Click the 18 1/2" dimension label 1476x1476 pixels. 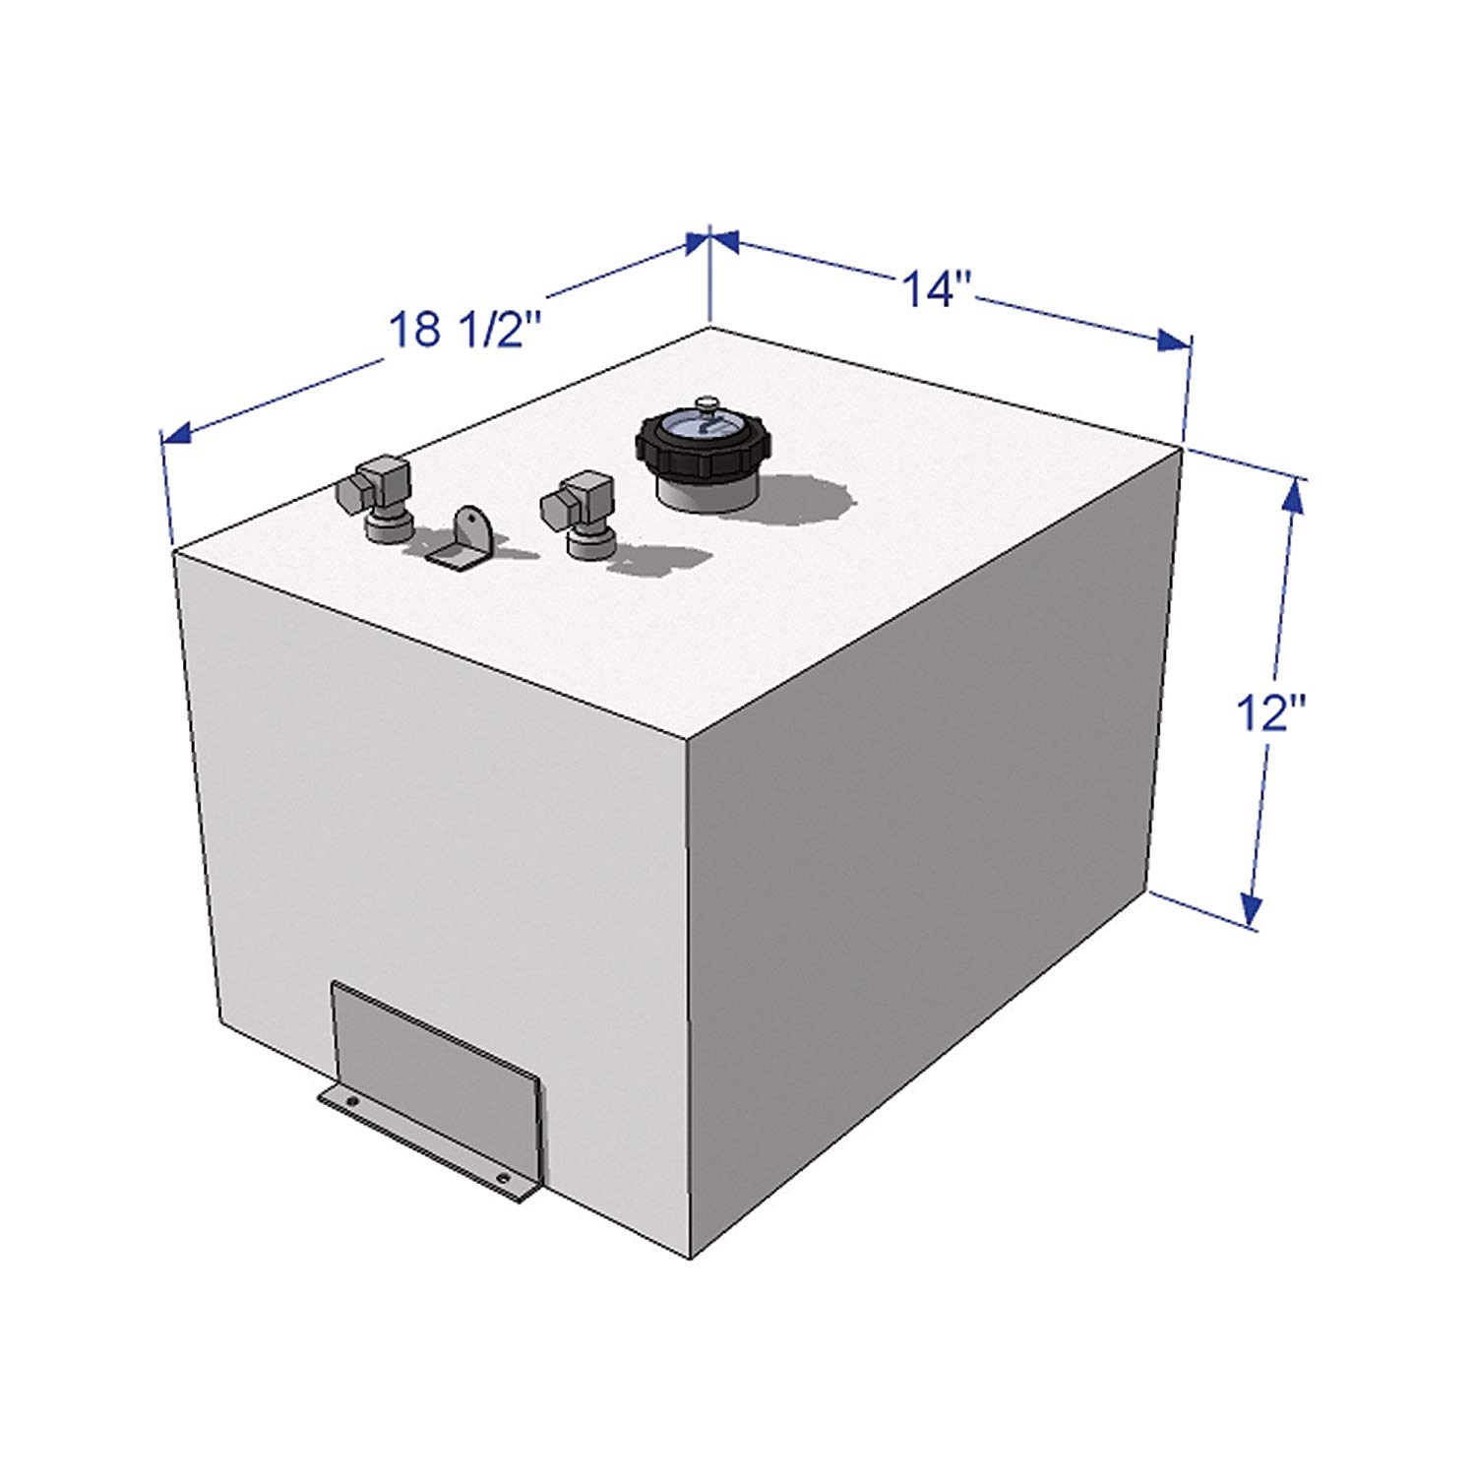[465, 328]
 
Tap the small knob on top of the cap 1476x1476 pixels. [706, 402]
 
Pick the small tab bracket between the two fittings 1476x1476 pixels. [462, 540]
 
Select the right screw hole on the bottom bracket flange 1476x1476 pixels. [503, 1177]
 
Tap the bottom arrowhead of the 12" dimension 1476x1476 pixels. [1251, 909]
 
